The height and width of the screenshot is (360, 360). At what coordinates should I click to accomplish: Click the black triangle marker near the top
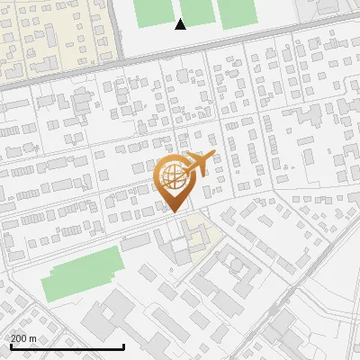181,24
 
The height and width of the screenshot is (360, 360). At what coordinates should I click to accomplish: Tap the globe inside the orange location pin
172,175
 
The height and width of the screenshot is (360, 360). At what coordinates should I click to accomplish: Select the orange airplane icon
199,164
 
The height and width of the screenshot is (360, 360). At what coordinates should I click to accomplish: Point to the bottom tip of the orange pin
173,212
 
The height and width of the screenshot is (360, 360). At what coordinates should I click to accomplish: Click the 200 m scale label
23,338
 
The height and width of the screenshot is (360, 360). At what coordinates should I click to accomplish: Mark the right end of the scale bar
123,347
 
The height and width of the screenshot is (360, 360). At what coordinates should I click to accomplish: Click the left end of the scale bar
11,347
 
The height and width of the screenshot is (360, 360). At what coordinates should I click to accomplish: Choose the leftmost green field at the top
154,12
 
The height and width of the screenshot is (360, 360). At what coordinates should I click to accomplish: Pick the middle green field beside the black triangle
197,11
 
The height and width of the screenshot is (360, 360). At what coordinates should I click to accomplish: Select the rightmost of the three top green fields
237,12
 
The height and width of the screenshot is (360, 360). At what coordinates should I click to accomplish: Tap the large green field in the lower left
82,273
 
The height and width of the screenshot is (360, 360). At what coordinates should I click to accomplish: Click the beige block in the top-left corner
54,36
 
